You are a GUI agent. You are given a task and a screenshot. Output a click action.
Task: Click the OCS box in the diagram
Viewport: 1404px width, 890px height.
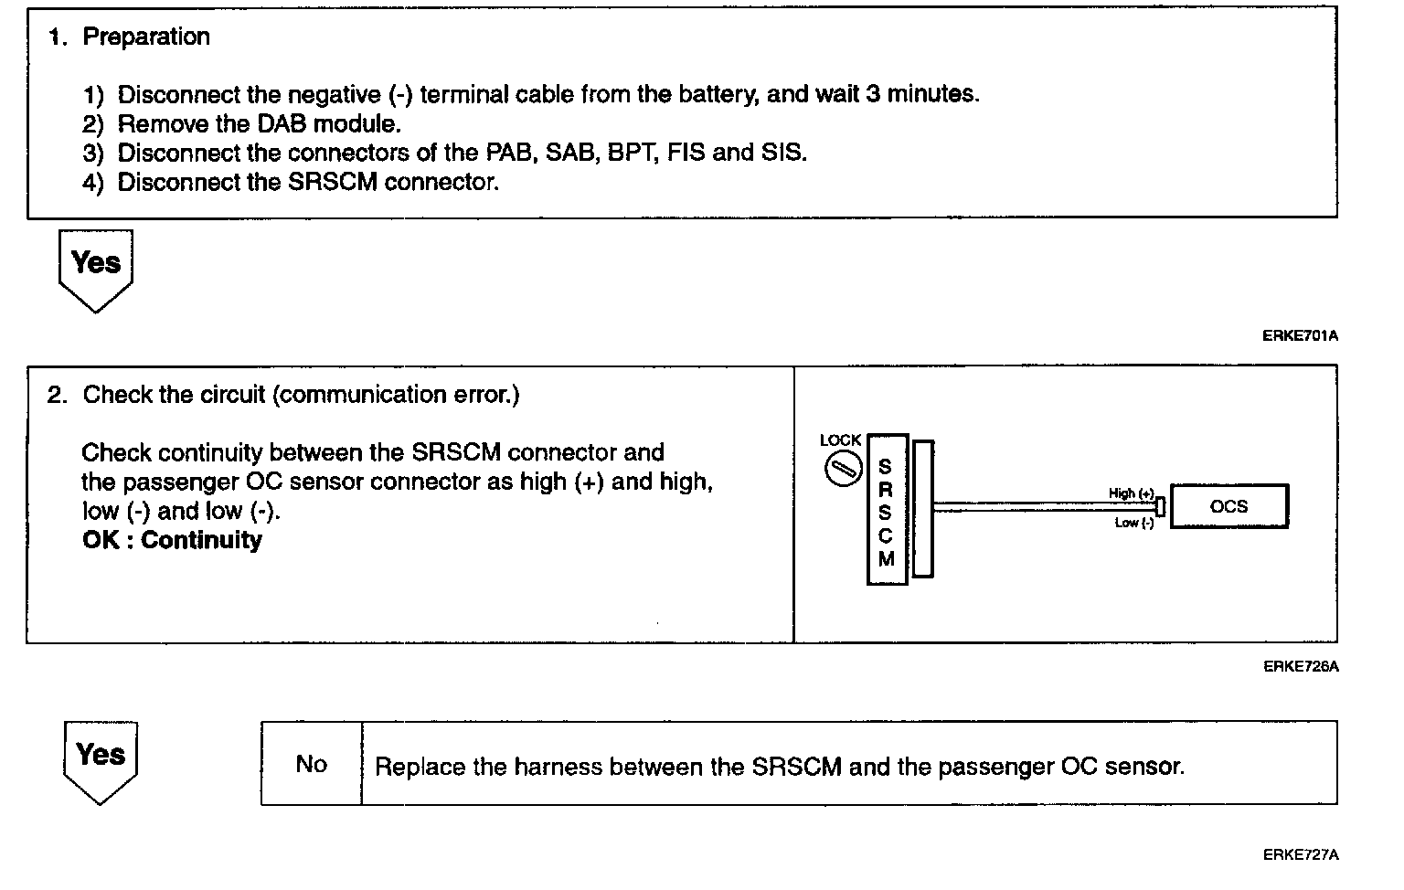pyautogui.click(x=1228, y=506)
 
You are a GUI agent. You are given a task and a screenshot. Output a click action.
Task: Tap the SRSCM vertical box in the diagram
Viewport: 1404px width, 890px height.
pyautogui.click(x=886, y=509)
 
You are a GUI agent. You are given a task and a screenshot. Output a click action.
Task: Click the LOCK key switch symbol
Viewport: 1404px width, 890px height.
pyautogui.click(x=841, y=471)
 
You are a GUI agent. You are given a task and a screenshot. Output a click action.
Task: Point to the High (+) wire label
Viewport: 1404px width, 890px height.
pyautogui.click(x=1131, y=493)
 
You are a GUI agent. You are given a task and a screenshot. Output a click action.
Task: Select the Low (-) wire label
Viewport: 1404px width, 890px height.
pyautogui.click(x=1133, y=523)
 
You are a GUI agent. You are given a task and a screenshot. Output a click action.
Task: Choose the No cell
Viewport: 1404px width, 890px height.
pyautogui.click(x=312, y=764)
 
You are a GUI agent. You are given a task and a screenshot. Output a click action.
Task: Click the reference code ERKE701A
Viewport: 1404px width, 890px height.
pyautogui.click(x=1300, y=335)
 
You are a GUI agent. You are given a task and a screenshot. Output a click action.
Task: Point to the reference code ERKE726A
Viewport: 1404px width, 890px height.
pyautogui.click(x=1300, y=666)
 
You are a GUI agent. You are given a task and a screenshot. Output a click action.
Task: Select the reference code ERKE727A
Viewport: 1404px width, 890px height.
pyautogui.click(x=1300, y=855)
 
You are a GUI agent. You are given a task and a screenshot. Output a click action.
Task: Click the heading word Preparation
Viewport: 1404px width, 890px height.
pyautogui.click(x=146, y=37)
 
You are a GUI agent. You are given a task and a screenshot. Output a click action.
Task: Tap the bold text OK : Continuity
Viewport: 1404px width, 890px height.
pyautogui.click(x=172, y=540)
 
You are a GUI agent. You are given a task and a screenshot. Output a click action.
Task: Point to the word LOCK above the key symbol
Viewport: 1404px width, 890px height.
pyautogui.click(x=841, y=440)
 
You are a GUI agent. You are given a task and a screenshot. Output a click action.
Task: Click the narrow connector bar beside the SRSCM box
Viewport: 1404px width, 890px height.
pyautogui.click(x=923, y=509)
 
